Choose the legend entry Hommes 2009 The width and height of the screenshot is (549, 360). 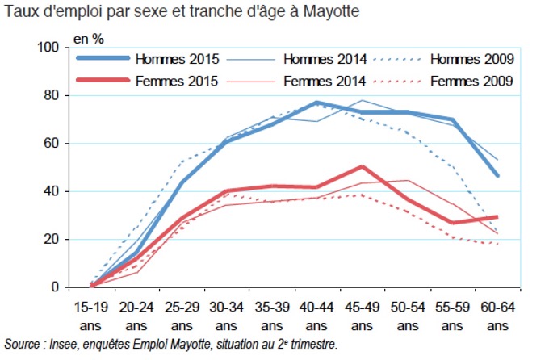[x=472, y=59]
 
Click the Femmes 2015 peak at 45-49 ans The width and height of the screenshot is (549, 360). [x=362, y=167]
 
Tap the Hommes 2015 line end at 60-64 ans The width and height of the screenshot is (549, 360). [x=497, y=175]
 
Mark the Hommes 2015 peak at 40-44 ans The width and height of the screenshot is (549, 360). [x=316, y=103]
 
